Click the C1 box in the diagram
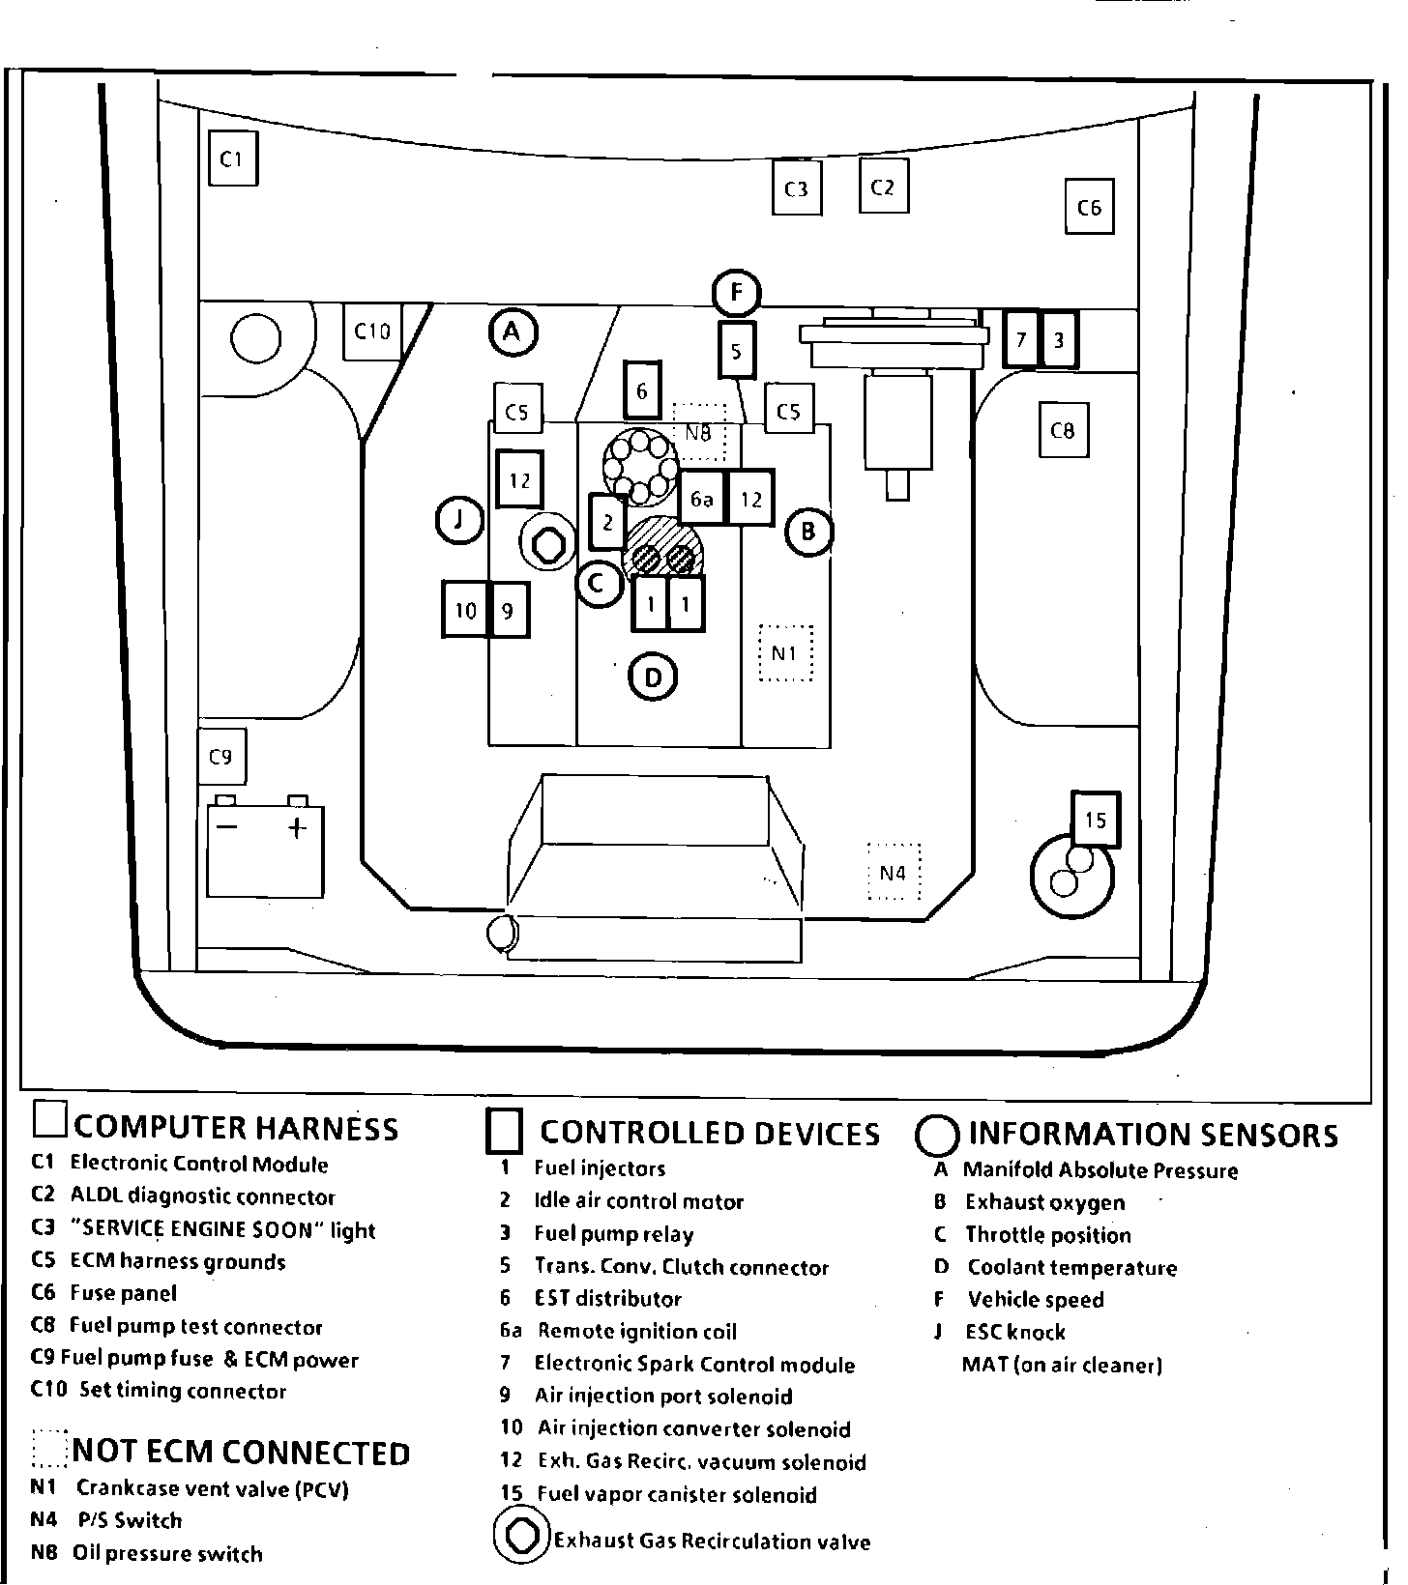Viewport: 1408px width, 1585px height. pyautogui.click(x=232, y=160)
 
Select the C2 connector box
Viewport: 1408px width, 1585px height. pyautogui.click(x=883, y=187)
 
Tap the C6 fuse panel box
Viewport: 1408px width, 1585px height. pyautogui.click(x=1089, y=207)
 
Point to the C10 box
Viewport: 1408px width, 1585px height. pyautogui.click(x=371, y=332)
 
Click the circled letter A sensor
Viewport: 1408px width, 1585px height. pyautogui.click(x=512, y=332)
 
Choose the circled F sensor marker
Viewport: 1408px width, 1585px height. pyautogui.click(x=737, y=292)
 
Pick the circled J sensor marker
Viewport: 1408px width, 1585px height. pyautogui.click(x=459, y=522)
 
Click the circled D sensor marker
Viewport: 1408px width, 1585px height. pyautogui.click(x=653, y=677)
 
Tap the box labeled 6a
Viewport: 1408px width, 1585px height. pyautogui.click(x=702, y=499)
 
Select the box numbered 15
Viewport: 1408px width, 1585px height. pyautogui.click(x=1095, y=821)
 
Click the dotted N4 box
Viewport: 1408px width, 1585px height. pyautogui.click(x=894, y=873)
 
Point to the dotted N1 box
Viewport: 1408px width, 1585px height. pyautogui.click(x=784, y=653)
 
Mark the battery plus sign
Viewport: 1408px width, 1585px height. pyautogui.click(x=298, y=827)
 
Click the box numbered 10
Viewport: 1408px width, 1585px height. pyautogui.click(x=466, y=610)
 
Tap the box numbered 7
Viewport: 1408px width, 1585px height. pyautogui.click(x=1021, y=339)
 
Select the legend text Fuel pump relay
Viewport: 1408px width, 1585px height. pyautogui.click(x=613, y=1234)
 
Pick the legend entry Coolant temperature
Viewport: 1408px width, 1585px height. pyautogui.click(x=1071, y=1268)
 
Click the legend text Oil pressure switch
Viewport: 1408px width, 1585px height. pyautogui.click(x=167, y=1554)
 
